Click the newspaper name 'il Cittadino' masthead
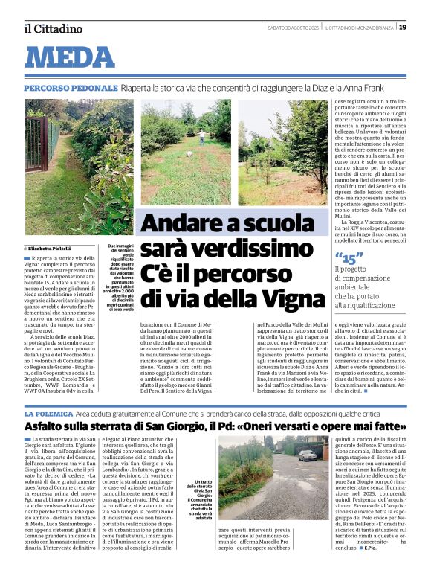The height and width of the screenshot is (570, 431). pyautogui.click(x=53, y=29)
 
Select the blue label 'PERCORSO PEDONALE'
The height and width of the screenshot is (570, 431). pyautogui.click(x=71, y=88)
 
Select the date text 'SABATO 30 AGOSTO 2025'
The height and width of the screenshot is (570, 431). pyautogui.click(x=294, y=28)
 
